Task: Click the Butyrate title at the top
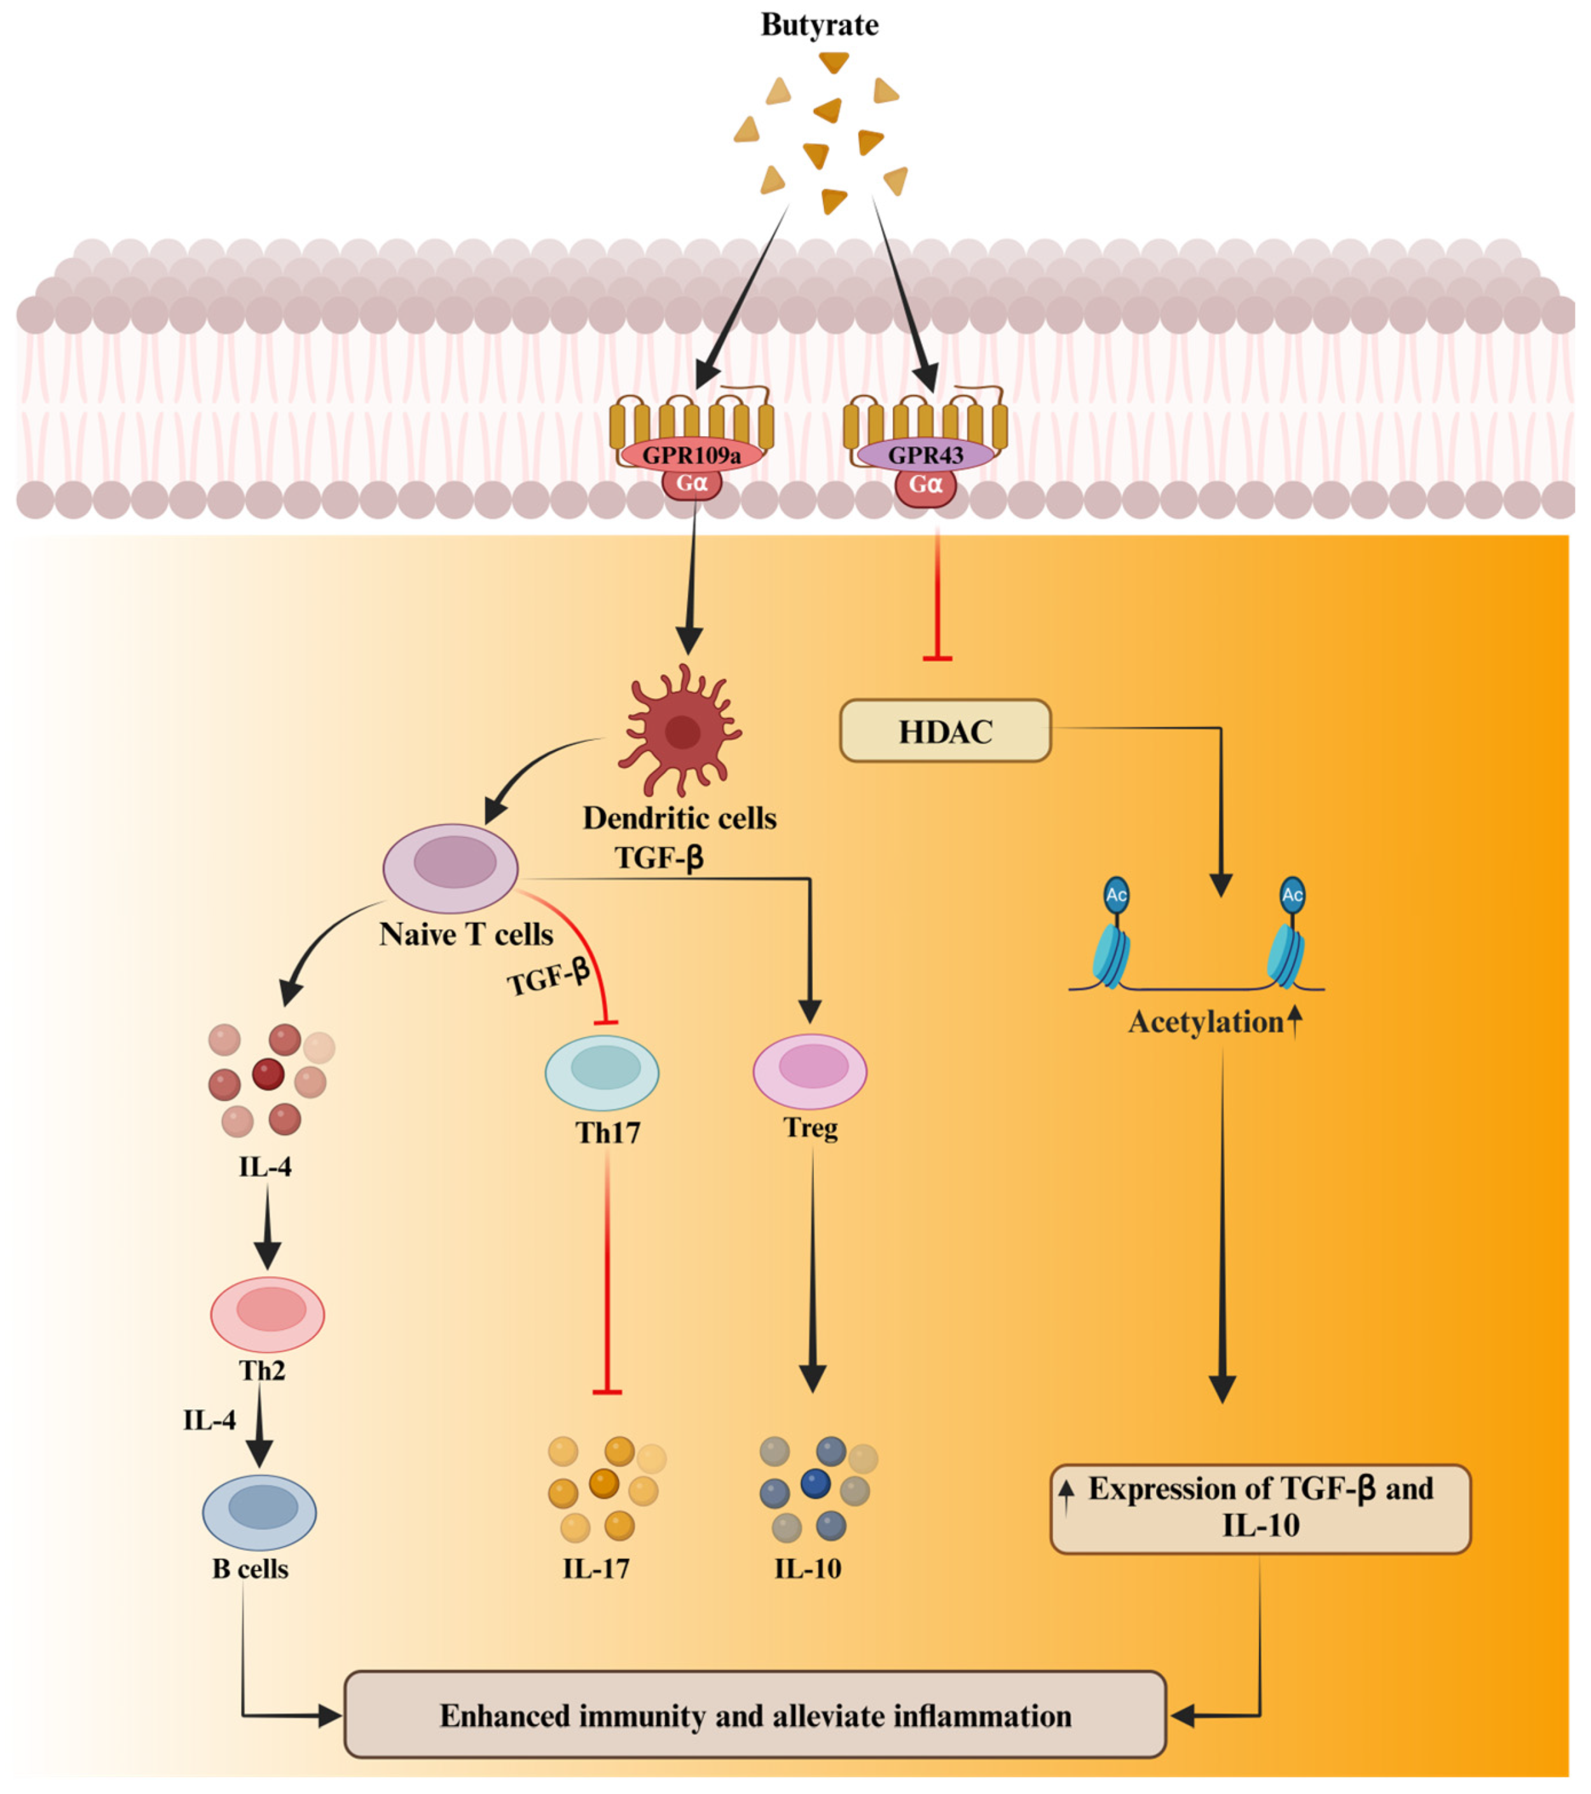(x=819, y=25)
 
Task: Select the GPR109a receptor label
(x=691, y=455)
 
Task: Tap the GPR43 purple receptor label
(x=925, y=455)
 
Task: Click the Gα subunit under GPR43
(x=925, y=485)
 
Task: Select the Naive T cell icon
(x=451, y=867)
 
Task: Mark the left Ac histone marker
(x=1115, y=895)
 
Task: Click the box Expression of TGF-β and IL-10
(x=1260, y=1508)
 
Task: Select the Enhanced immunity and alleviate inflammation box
(x=755, y=1716)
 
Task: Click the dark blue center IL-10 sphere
(x=815, y=1484)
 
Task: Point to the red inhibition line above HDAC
(x=937, y=597)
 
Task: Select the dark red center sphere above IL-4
(x=268, y=1073)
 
